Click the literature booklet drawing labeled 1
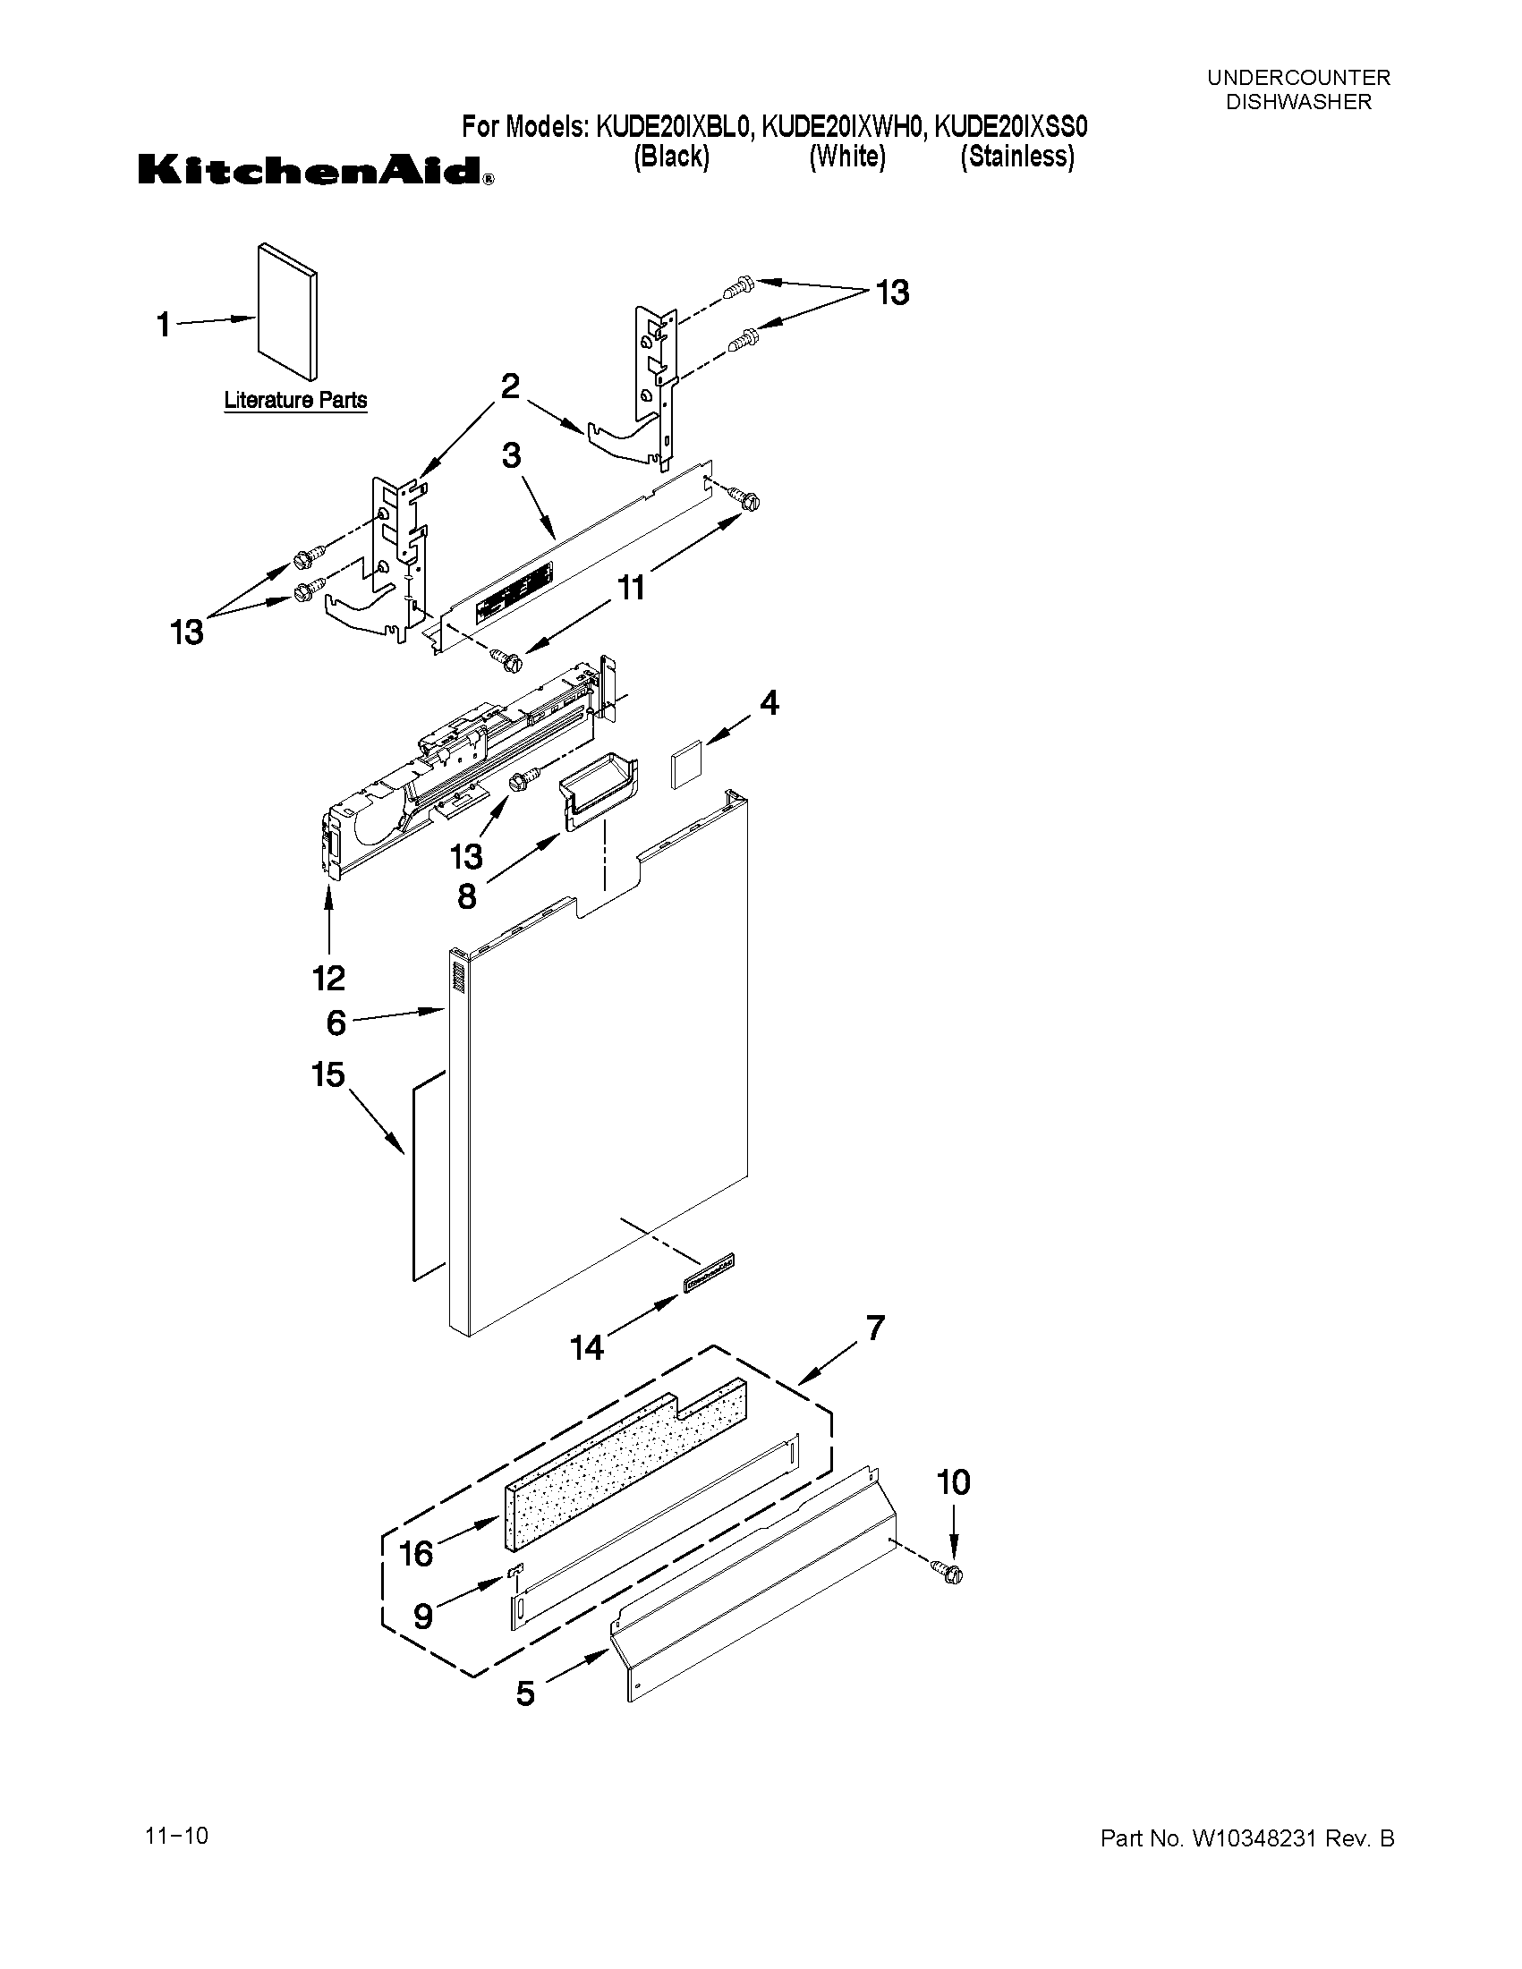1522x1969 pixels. [286, 311]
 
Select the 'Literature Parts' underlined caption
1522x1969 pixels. [295, 400]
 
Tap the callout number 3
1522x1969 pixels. [511, 456]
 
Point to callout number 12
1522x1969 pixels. [329, 977]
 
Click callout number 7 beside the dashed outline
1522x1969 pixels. [874, 1328]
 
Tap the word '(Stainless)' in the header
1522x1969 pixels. [1017, 157]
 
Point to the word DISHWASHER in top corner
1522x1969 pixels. [1298, 102]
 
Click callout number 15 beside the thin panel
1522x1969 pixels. [328, 1074]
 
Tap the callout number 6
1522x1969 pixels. [336, 1023]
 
